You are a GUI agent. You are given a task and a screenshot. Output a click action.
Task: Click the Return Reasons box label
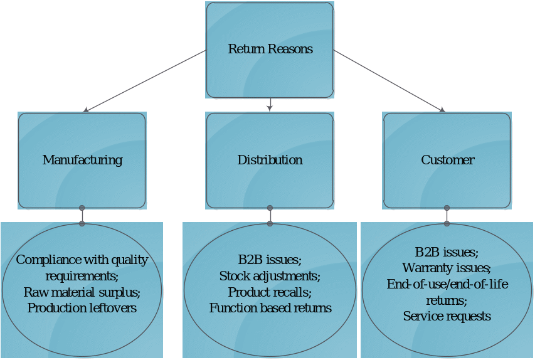click(270, 49)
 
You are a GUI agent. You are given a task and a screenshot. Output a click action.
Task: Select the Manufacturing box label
click(82, 160)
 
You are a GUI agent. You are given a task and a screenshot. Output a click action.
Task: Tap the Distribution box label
click(270, 160)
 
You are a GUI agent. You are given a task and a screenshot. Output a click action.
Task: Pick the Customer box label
click(447, 160)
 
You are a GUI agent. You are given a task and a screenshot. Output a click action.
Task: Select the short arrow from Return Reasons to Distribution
click(270, 105)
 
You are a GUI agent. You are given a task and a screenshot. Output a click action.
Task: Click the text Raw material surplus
click(82, 292)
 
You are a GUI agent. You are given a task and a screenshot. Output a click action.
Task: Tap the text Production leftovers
click(82, 308)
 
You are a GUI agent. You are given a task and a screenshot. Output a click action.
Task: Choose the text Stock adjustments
click(270, 276)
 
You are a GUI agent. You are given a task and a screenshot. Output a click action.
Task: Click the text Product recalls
click(270, 292)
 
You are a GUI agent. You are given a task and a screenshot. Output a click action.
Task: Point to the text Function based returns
click(270, 308)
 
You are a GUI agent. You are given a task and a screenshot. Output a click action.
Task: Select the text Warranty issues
click(447, 268)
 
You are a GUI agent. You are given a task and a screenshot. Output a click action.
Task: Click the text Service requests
click(447, 316)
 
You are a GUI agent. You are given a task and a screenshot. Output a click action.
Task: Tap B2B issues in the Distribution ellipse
click(270, 260)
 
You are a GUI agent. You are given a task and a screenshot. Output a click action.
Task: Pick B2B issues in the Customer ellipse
click(447, 253)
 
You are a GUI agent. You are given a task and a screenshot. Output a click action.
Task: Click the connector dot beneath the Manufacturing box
click(82, 208)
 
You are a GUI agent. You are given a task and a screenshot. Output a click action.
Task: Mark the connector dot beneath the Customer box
click(447, 208)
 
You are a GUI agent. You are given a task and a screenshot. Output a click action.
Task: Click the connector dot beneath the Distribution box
click(270, 208)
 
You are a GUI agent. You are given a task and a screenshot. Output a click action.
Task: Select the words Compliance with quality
click(82, 260)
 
